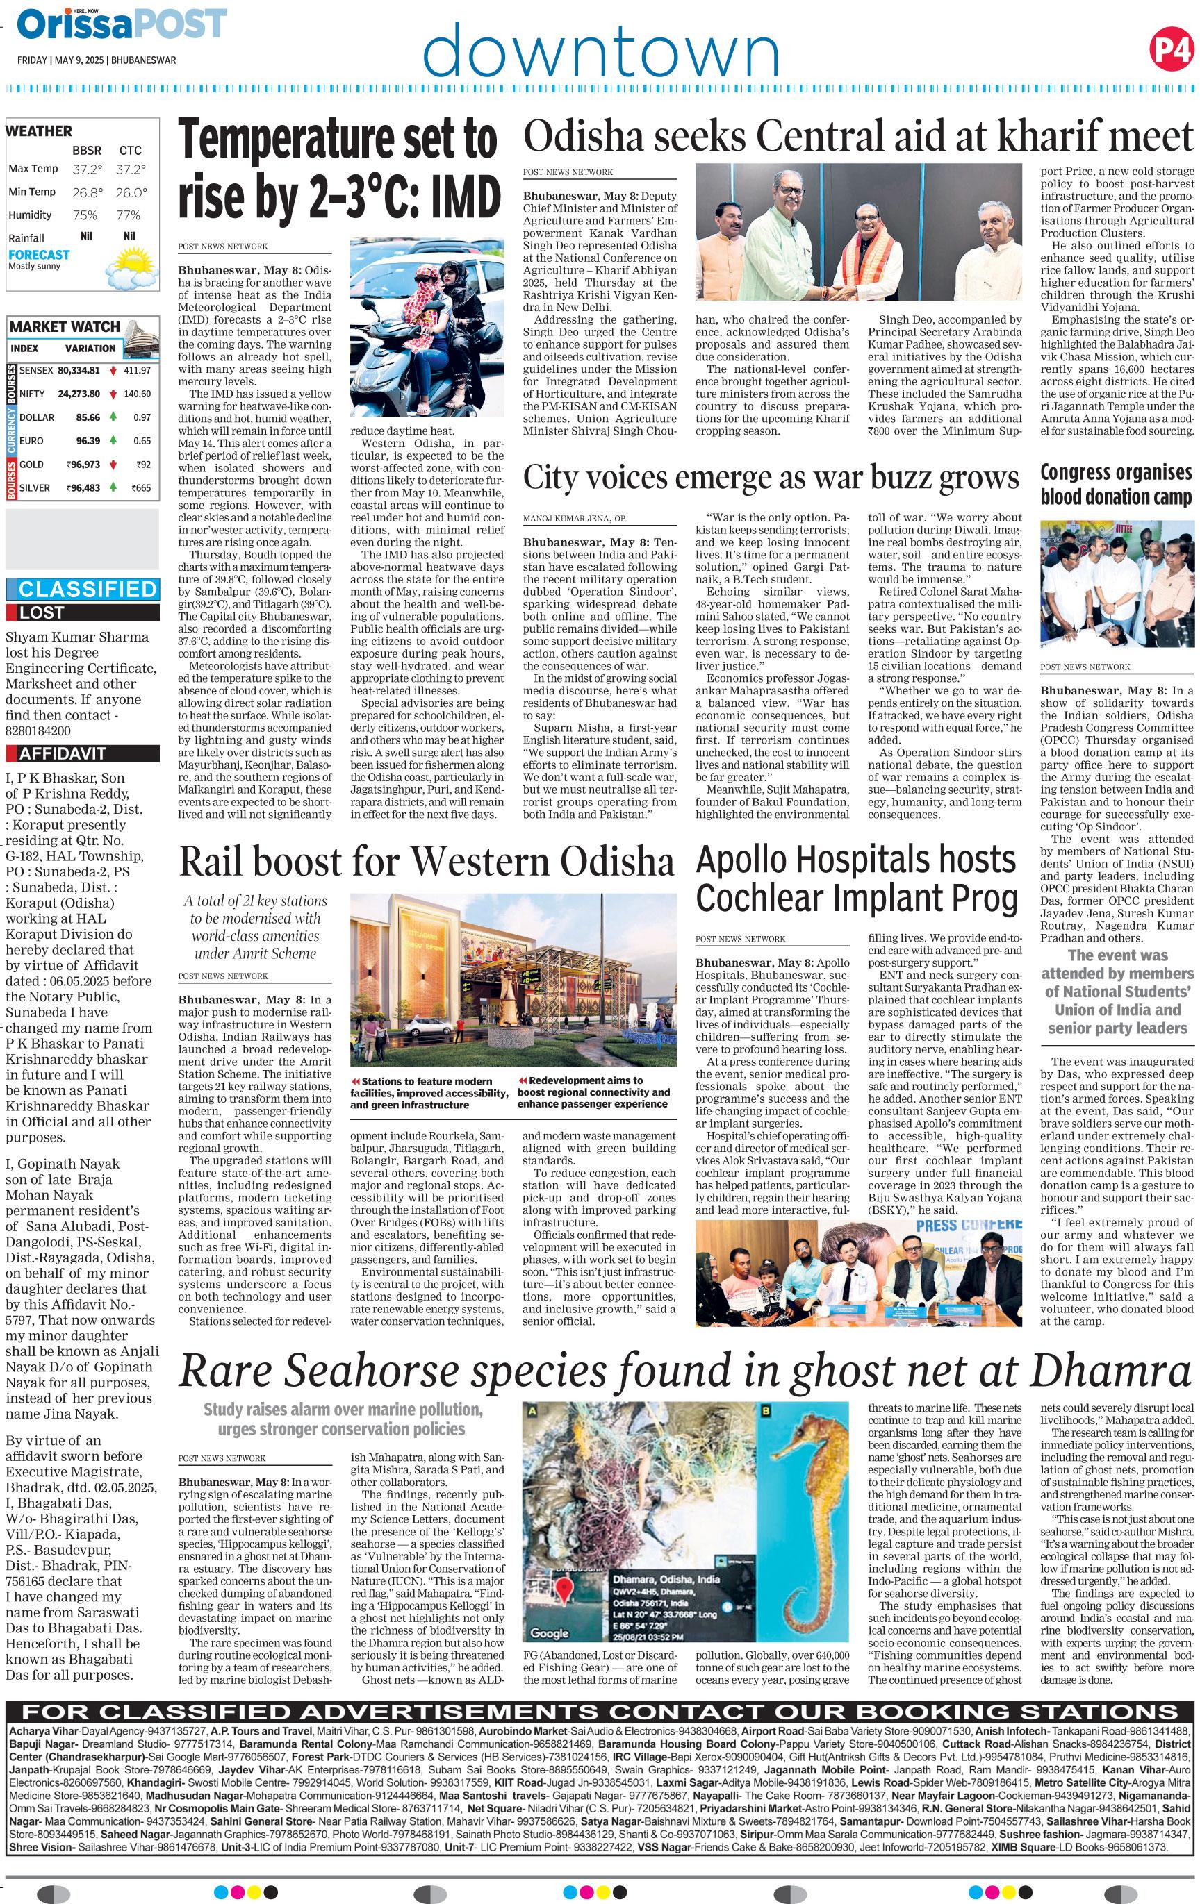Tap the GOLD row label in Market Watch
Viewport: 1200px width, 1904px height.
pos(33,464)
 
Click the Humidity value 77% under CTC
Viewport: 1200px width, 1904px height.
pos(130,215)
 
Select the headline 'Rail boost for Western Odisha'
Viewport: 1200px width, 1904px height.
pos(427,862)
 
